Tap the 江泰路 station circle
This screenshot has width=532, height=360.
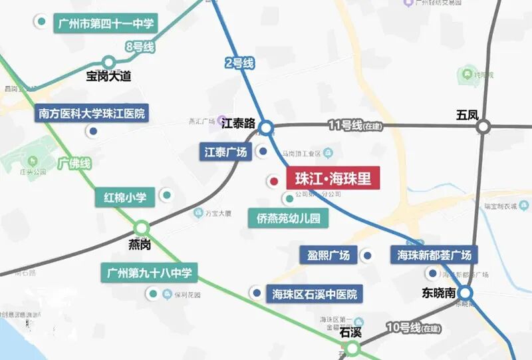click(x=266, y=127)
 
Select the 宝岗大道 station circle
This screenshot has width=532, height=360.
click(x=108, y=63)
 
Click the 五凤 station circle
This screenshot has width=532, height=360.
click(x=483, y=126)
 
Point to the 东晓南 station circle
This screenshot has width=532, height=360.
click(x=465, y=293)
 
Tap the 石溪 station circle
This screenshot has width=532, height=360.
click(x=352, y=347)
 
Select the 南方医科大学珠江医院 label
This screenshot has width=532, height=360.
click(x=92, y=113)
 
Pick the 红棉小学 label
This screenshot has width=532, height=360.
click(x=129, y=197)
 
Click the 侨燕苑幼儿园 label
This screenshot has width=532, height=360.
click(x=284, y=218)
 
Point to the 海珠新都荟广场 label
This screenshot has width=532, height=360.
click(x=434, y=255)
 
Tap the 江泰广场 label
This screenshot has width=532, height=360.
click(x=225, y=152)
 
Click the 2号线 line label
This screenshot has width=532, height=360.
click(x=239, y=64)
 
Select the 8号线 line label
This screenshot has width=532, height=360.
click(x=140, y=47)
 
